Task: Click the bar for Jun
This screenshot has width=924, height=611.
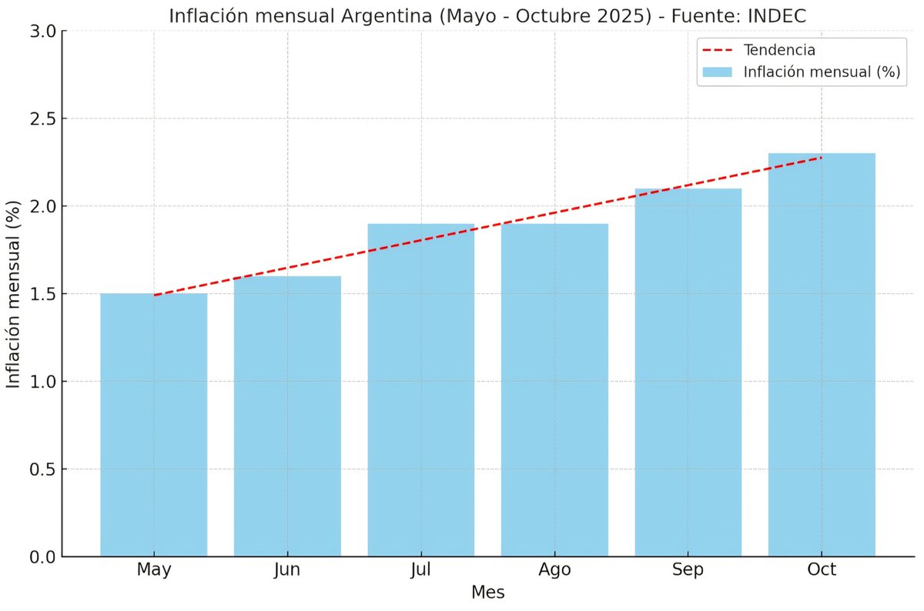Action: [287, 416]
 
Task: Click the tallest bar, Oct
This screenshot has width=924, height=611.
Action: [822, 354]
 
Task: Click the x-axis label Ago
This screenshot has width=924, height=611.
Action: [554, 570]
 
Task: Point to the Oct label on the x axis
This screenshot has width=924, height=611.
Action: [822, 570]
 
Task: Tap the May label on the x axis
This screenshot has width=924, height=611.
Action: [153, 570]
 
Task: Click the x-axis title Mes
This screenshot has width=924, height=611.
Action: [487, 593]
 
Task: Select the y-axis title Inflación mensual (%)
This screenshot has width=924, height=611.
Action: [14, 294]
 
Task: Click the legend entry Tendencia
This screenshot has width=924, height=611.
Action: [779, 50]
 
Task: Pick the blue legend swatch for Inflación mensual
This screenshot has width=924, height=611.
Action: [717, 72]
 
